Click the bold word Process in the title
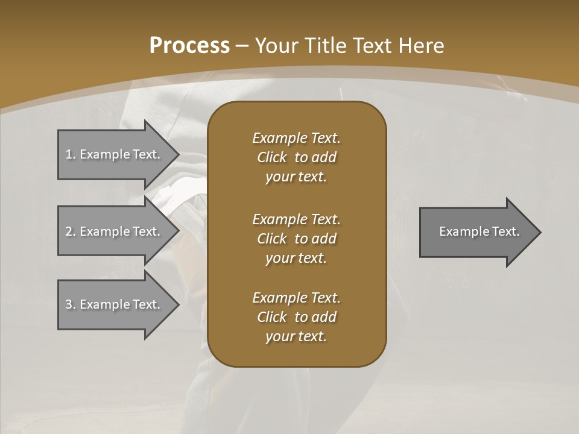coord(189,46)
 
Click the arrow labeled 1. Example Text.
coord(115,154)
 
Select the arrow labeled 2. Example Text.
coord(115,231)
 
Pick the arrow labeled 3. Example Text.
coord(115,304)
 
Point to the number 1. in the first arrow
coord(70,154)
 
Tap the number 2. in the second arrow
coord(70,231)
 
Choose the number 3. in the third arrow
coord(70,304)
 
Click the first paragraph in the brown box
coord(296,157)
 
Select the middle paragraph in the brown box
coord(296,239)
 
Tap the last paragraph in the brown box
coord(296,317)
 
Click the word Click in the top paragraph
coord(272,157)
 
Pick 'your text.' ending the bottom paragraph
coord(296,336)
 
